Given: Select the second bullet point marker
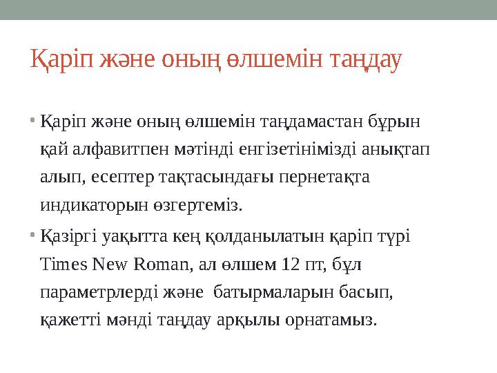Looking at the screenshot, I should [x=35, y=236].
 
